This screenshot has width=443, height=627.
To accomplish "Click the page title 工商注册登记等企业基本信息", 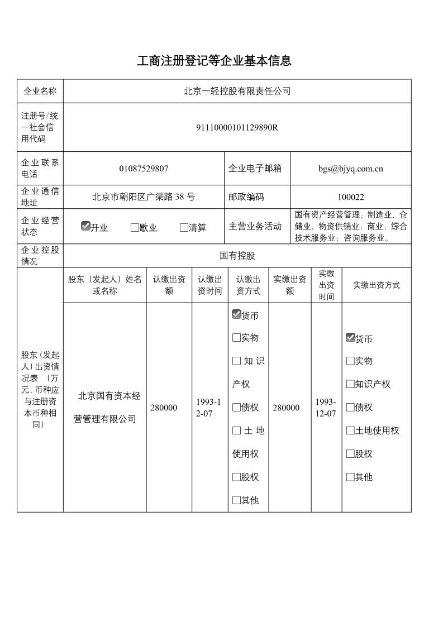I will [214, 61].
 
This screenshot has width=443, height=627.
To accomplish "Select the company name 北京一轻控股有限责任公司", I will [237, 91].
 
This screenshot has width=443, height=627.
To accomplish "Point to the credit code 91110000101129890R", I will [237, 127].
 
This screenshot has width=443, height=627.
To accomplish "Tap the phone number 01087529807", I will [144, 169].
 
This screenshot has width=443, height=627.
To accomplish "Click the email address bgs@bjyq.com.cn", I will [350, 169].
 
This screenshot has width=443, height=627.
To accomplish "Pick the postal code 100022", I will [350, 197].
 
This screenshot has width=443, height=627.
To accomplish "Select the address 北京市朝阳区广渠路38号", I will [144, 197].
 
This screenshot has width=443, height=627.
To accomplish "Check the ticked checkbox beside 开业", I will [85, 226].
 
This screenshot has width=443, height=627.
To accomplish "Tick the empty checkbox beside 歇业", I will [135, 228].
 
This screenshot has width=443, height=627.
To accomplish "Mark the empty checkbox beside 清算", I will [184, 228].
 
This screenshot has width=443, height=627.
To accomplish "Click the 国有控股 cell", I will [237, 256].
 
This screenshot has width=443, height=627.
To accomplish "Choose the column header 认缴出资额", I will [169, 285].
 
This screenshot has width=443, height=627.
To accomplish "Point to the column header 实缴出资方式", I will [376, 285].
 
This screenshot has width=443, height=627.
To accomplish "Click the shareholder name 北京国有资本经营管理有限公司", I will [106, 407].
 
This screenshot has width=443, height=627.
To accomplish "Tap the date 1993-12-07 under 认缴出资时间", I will [209, 408].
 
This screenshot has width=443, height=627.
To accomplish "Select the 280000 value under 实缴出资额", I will [286, 408].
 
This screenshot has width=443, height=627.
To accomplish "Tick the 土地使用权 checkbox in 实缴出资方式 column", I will [350, 430].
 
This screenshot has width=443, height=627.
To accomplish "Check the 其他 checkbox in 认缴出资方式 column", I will [236, 500].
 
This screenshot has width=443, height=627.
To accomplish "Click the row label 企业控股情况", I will [40, 256].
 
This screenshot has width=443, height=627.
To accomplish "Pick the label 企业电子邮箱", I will [255, 169].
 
